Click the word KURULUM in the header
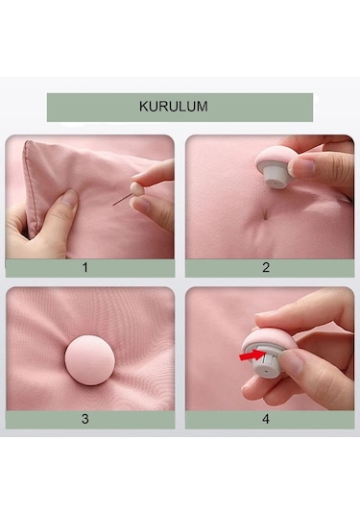point(180,107)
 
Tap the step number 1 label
point(84,268)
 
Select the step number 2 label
point(266,268)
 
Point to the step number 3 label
point(84,420)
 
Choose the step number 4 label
point(266,420)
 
